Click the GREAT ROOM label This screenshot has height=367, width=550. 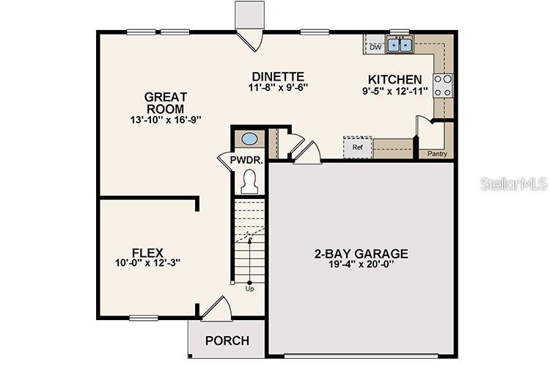point(165,103)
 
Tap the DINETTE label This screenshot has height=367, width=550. point(277,77)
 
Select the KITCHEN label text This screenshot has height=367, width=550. point(395,80)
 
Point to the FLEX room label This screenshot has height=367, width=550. point(147,251)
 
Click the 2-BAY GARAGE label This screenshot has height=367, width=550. point(361,255)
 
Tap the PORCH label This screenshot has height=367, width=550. point(227,341)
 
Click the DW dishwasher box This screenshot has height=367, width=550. point(375,47)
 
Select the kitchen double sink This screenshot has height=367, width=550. point(400,45)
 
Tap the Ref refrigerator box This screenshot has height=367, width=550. point(359,147)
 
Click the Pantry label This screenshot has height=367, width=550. point(437,154)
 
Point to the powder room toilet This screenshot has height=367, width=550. point(249,180)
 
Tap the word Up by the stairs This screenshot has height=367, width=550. point(250,288)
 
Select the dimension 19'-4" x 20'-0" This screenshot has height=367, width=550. point(361,265)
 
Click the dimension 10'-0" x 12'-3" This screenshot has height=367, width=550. point(147,262)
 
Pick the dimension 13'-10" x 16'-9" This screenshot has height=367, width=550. point(165,119)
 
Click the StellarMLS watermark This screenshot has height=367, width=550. point(513,183)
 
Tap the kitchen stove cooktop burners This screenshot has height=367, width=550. point(442,86)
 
